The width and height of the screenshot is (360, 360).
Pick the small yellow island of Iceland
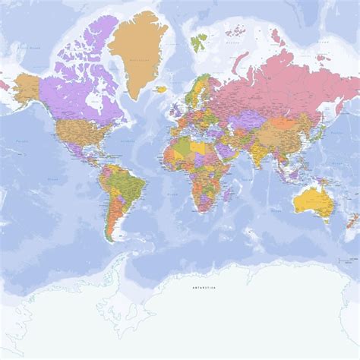pyautogui.click(x=161, y=89)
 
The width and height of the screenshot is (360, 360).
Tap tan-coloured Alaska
pyautogui.click(x=26, y=87)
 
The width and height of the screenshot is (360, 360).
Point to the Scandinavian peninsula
pyautogui.click(x=195, y=87)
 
